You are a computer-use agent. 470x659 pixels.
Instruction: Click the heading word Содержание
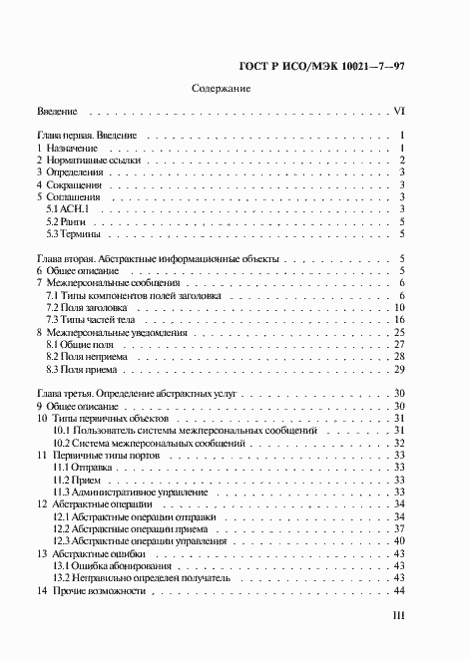click(221, 89)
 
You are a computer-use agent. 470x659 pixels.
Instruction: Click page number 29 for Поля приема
click(397, 368)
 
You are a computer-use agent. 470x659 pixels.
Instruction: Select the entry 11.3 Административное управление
click(130, 492)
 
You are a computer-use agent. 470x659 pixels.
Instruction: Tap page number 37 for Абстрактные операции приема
click(397, 528)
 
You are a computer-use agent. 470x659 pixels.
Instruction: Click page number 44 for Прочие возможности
click(397, 590)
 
